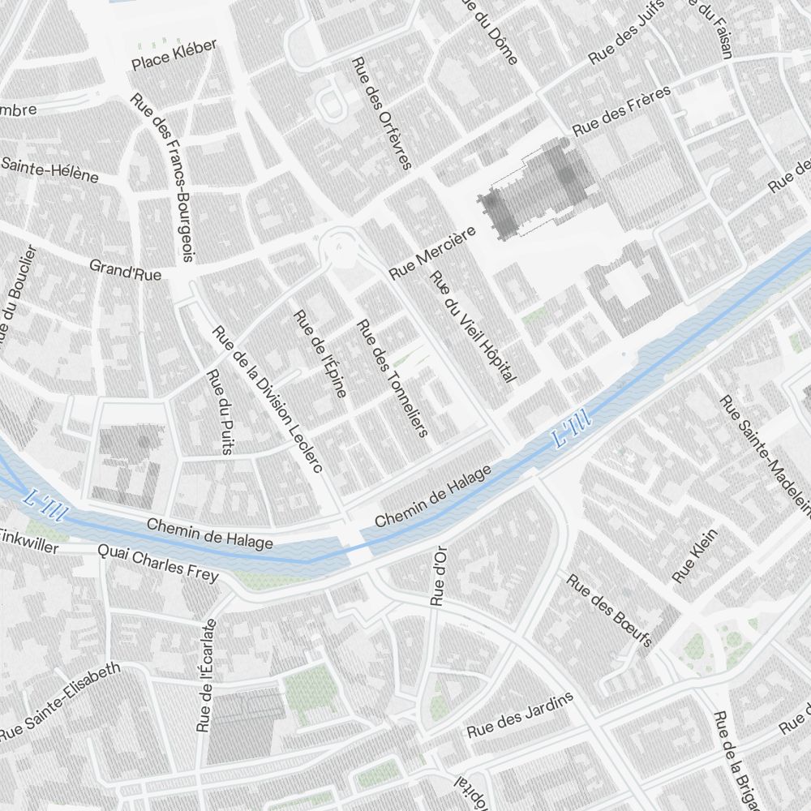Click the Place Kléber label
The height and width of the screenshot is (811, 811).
pos(174,54)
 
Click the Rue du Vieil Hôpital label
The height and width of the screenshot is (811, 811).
pos(474,327)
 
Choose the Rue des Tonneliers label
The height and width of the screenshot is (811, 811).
pos(393,378)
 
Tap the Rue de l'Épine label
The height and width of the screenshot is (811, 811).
pos(320,354)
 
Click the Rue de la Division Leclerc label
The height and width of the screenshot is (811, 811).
pos(268,399)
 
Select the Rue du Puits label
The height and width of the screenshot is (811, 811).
pos(220,411)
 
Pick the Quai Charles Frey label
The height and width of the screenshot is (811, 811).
pos(157,563)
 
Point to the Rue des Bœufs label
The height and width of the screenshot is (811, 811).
pos(609,611)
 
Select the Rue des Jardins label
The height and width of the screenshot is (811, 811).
pos(520,714)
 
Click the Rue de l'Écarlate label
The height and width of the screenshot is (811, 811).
pos(207,675)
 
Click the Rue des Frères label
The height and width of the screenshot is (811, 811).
pos(621,111)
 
